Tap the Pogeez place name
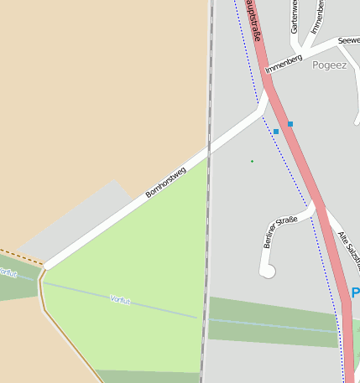pyautogui.click(x=328, y=65)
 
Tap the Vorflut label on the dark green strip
pyautogui.click(x=8, y=272)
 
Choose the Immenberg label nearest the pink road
pyautogui.click(x=283, y=64)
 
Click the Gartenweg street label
pyautogui.click(x=294, y=17)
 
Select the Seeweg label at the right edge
pyautogui.click(x=348, y=40)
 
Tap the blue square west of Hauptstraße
pyautogui.click(x=275, y=132)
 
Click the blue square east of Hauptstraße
pyautogui.click(x=290, y=124)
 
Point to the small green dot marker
pyautogui.click(x=252, y=161)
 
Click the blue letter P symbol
pyautogui.click(x=355, y=293)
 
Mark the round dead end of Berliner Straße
pyautogui.click(x=269, y=271)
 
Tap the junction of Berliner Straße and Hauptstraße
pyautogui.click(x=318, y=204)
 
